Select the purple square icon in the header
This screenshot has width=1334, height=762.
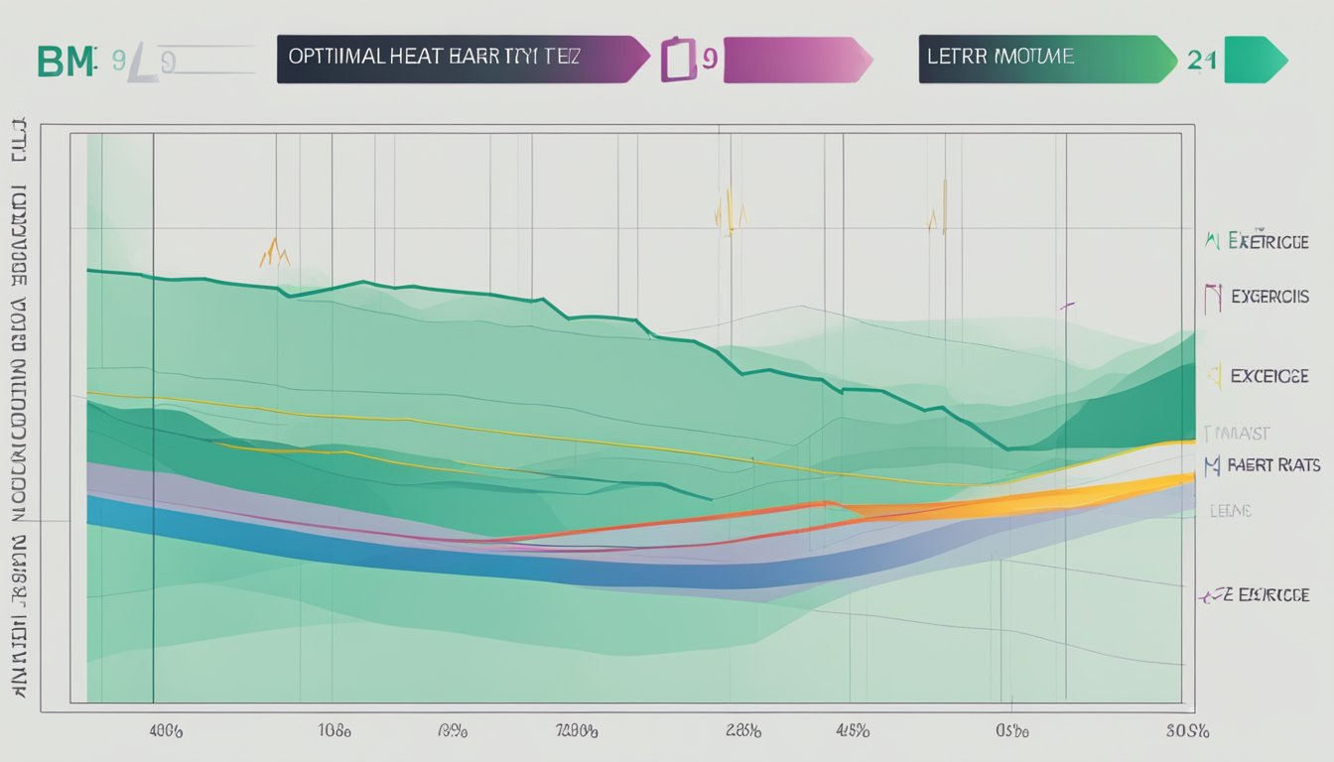click(674, 60)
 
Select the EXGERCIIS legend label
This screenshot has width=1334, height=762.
click(1269, 297)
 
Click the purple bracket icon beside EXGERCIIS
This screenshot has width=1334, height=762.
click(1212, 298)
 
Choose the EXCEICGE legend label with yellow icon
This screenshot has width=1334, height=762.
click(1269, 376)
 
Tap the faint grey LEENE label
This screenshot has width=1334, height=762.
click(1230, 511)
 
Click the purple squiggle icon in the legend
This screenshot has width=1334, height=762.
click(1210, 596)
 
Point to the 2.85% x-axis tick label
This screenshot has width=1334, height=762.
click(742, 731)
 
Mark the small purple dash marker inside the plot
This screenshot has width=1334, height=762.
click(1067, 307)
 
